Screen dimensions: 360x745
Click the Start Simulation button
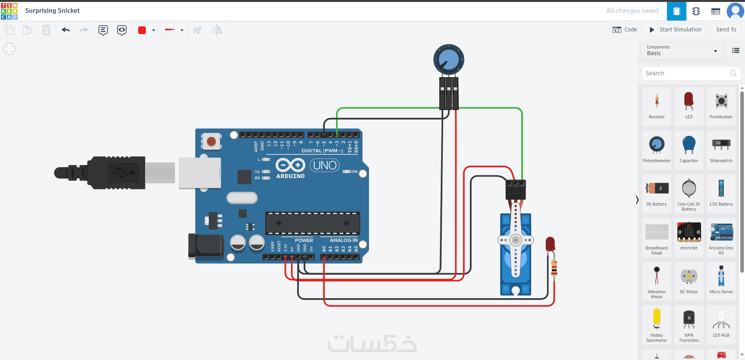click(x=675, y=30)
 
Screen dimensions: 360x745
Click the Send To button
click(x=726, y=30)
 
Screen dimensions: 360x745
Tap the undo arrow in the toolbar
click(x=66, y=30)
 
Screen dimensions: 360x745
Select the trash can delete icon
click(x=47, y=30)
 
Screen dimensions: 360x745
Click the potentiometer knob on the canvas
click(x=449, y=59)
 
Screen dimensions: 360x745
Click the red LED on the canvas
click(x=550, y=244)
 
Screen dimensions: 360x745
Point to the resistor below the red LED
click(x=554, y=268)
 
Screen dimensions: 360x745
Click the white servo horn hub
click(x=516, y=240)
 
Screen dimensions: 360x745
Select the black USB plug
click(x=116, y=173)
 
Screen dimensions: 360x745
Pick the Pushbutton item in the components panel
click(x=721, y=106)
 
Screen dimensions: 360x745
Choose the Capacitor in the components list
click(x=689, y=149)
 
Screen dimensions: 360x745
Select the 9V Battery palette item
click(x=657, y=193)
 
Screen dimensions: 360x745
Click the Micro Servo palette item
click(x=721, y=280)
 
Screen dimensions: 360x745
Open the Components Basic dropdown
click(x=682, y=51)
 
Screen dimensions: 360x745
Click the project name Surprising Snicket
click(x=52, y=11)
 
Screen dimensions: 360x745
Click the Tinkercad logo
click(x=9, y=11)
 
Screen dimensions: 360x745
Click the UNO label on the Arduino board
click(x=325, y=166)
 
